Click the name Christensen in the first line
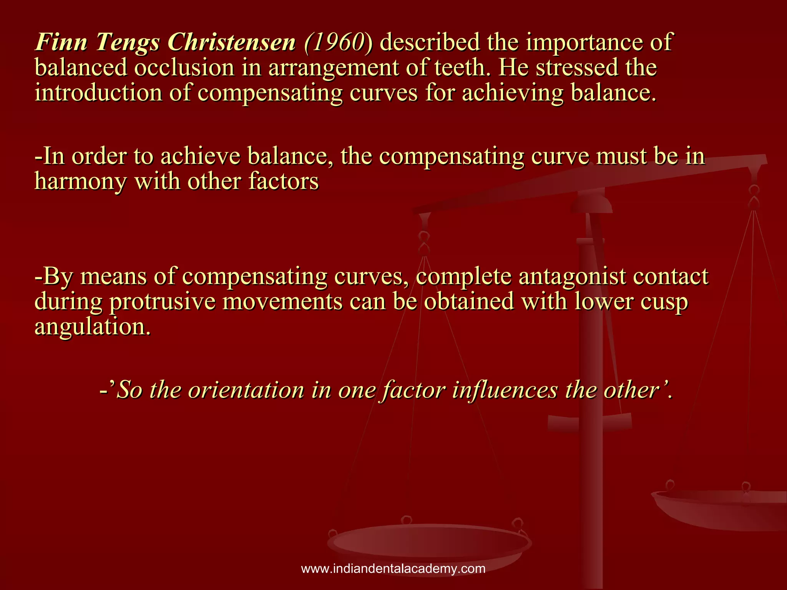coord(232,42)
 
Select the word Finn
coord(61,42)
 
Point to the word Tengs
coord(127,43)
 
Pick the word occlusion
coord(184,68)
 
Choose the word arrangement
coord(333,68)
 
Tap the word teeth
coord(462,68)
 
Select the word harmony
coord(80,182)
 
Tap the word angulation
coord(92,327)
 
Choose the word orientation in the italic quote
coord(246,390)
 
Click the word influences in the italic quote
coord(505,390)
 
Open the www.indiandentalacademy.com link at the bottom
coord(393,568)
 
